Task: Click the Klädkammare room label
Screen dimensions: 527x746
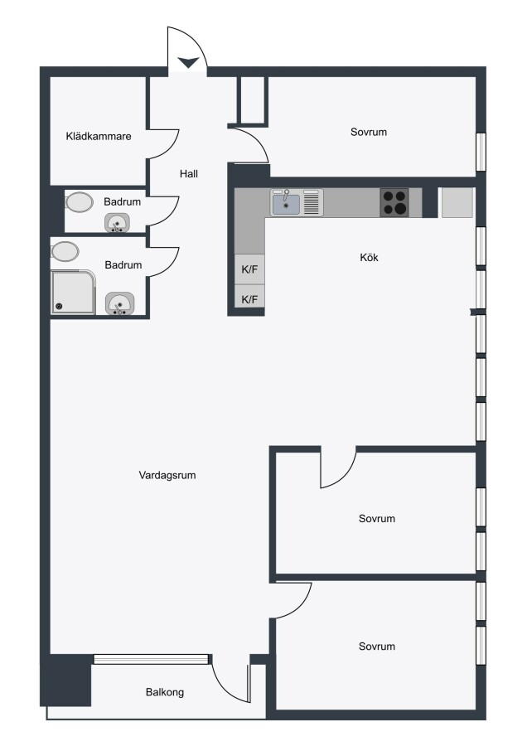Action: pyautogui.click(x=99, y=137)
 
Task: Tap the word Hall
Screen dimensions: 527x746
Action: pyautogui.click(x=189, y=174)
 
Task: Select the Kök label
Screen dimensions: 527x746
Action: pyautogui.click(x=369, y=258)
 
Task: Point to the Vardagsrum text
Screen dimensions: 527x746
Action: pyautogui.click(x=167, y=475)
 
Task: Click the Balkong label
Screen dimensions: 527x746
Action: pyautogui.click(x=165, y=692)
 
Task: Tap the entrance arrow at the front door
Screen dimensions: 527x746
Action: pyautogui.click(x=189, y=62)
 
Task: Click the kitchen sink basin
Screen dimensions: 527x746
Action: pyautogui.click(x=286, y=204)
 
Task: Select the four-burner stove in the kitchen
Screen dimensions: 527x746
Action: pyautogui.click(x=394, y=203)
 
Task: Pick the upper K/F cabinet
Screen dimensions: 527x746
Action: pyautogui.click(x=249, y=269)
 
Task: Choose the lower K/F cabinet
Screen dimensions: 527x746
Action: pyautogui.click(x=249, y=299)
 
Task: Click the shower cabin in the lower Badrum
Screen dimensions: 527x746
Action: pyautogui.click(x=73, y=292)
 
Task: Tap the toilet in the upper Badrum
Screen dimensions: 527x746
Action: pyautogui.click(x=79, y=201)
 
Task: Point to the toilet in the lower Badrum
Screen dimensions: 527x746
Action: pyautogui.click(x=65, y=251)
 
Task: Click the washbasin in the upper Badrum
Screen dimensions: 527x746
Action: pyautogui.click(x=117, y=223)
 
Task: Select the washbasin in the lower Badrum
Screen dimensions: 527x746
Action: pyautogui.click(x=120, y=303)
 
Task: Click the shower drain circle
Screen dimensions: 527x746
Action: pyautogui.click(x=59, y=307)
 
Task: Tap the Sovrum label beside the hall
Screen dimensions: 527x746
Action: pyautogui.click(x=369, y=133)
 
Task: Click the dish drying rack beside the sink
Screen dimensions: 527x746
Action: pyautogui.click(x=312, y=203)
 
